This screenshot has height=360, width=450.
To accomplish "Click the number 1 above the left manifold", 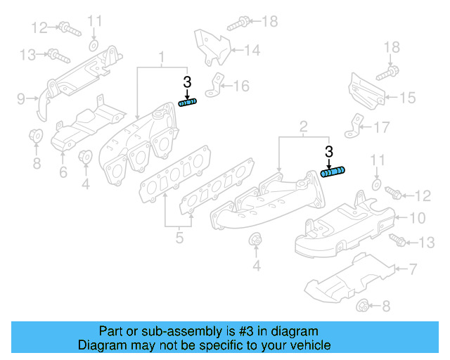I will coord(162,56).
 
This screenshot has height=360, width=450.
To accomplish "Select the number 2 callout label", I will coord(303,127).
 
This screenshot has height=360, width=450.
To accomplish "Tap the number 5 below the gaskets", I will coord(179,238).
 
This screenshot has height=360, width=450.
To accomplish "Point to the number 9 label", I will coord(21,98).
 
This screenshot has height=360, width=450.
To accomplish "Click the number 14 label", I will coord(252,50).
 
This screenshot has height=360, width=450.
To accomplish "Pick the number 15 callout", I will coord(408,98).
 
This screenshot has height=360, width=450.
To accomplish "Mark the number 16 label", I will coord(241,86).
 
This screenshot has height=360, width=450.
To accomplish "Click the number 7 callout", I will coord(414,269).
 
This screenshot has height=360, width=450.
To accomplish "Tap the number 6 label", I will coord(63,171).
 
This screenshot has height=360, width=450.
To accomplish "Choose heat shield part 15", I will coord(364,91).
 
